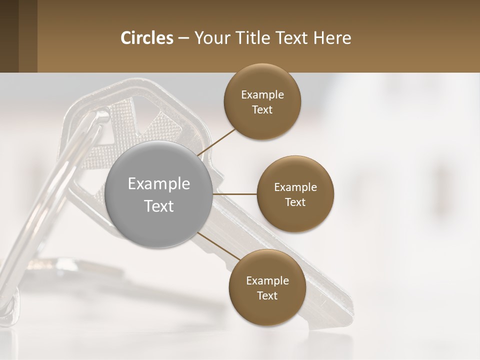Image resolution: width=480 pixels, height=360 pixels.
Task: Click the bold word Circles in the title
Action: [147, 38]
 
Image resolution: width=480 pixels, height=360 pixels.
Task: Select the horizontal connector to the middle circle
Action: [235, 193]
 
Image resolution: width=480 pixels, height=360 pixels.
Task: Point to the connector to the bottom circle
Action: [218, 246]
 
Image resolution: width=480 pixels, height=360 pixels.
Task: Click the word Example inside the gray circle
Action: [159, 184]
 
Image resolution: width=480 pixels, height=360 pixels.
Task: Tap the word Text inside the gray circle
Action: [159, 206]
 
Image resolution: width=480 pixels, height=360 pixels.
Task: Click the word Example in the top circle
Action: [262, 95]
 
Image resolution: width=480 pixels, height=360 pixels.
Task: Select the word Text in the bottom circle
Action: [267, 295]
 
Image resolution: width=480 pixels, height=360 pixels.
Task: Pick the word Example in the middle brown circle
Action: [295, 187]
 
